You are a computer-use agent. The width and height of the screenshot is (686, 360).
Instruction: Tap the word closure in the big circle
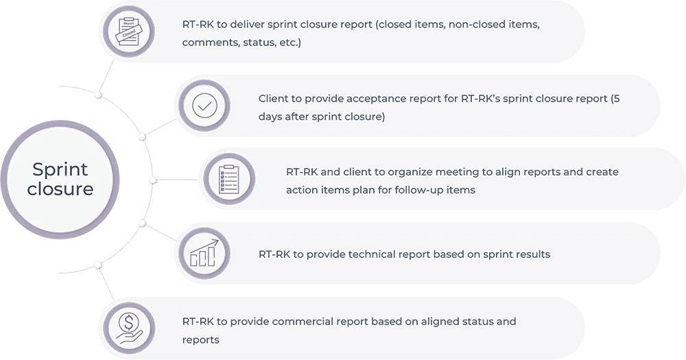(x=60, y=189)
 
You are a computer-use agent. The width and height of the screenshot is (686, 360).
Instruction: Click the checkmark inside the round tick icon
(x=204, y=106)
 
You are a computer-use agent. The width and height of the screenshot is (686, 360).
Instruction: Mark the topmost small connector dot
(x=99, y=93)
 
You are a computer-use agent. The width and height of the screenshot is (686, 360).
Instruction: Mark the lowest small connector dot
(x=98, y=264)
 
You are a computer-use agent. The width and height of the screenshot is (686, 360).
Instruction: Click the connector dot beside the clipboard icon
(x=152, y=179)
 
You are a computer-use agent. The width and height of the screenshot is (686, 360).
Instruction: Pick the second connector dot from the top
(x=141, y=136)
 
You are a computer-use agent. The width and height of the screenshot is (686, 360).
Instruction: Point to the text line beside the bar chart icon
(x=404, y=254)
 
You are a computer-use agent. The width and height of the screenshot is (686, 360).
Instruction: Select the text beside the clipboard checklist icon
(x=453, y=180)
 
